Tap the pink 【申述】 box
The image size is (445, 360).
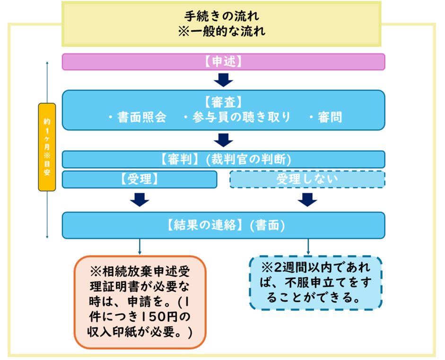223,61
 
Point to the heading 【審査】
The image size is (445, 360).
223,102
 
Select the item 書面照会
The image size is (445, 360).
137,118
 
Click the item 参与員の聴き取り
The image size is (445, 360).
236,118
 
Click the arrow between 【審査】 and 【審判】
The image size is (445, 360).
223,140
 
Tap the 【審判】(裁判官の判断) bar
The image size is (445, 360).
223,159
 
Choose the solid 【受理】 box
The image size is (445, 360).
140,180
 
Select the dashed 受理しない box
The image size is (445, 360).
307,180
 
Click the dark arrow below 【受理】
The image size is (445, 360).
140,200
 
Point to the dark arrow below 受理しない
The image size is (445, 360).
308,200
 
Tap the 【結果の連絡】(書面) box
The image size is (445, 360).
223,225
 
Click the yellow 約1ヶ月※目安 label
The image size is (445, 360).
47,147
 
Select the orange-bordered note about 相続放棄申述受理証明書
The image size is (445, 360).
140,302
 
